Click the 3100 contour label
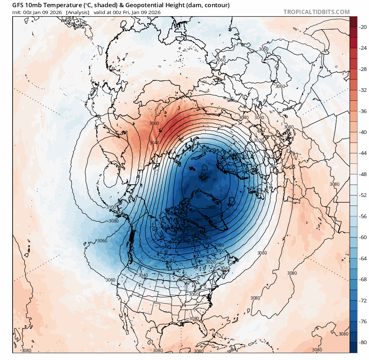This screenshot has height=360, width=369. pyautogui.click(x=111, y=207)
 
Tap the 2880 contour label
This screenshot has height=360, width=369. pyautogui.click(x=197, y=220)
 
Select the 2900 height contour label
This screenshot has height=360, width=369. pyautogui.click(x=193, y=229)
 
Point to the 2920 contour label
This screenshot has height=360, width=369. pyautogui.click(x=182, y=236)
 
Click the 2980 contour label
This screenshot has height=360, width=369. pyautogui.click(x=219, y=245)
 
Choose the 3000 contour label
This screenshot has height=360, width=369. pyautogui.click(x=220, y=251)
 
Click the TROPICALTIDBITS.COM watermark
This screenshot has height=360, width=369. pyautogui.click(x=316, y=12)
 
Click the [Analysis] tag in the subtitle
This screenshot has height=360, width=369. pyautogui.click(x=77, y=12)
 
